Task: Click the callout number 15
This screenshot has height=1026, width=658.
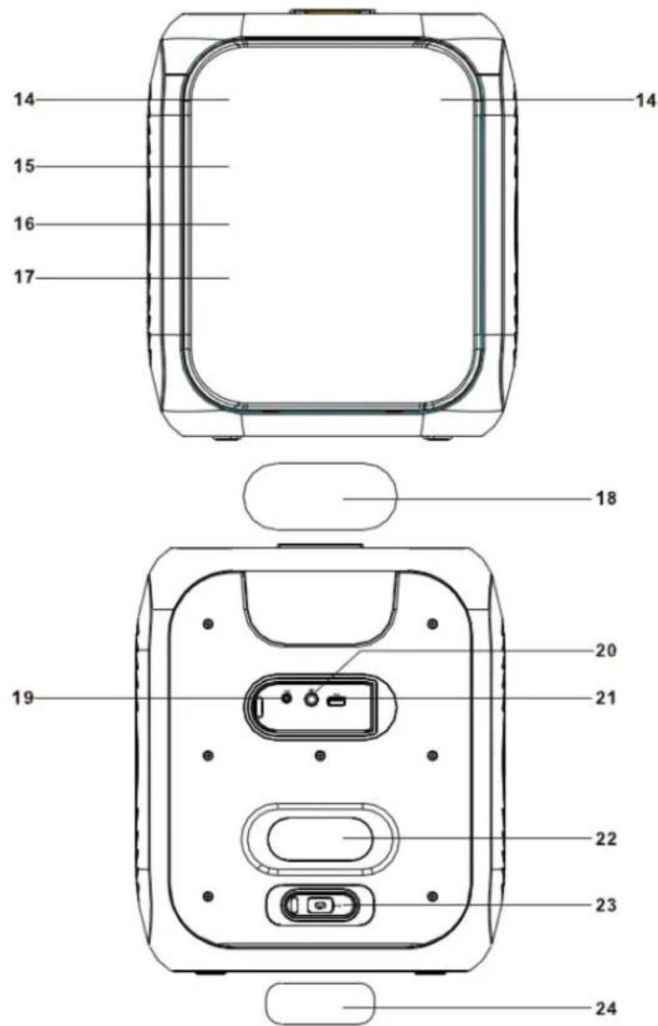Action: coord(24,166)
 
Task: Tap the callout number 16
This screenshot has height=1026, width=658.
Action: coord(24,224)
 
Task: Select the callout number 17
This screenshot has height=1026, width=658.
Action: coord(24,278)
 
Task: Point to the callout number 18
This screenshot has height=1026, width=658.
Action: coord(607,498)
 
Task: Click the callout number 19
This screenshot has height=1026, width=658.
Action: coord(23,698)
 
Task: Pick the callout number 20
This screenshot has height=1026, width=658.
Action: coord(606,650)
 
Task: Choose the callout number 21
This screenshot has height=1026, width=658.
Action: coord(606,698)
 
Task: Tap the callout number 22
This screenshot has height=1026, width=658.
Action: coord(606,838)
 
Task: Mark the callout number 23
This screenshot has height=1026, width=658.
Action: coord(606,905)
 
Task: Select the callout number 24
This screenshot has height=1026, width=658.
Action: coord(606,1007)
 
